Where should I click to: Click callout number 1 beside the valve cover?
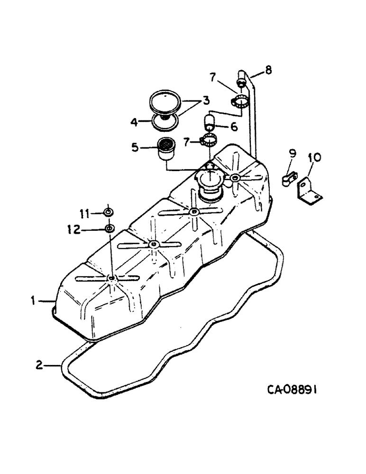pyautogui.click(x=34, y=300)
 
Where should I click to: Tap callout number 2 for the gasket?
pyautogui.click(x=40, y=365)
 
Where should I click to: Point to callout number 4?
pyautogui.click(x=135, y=122)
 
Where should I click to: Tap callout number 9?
pyautogui.click(x=293, y=153)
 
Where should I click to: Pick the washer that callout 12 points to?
pyautogui.click(x=109, y=229)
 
